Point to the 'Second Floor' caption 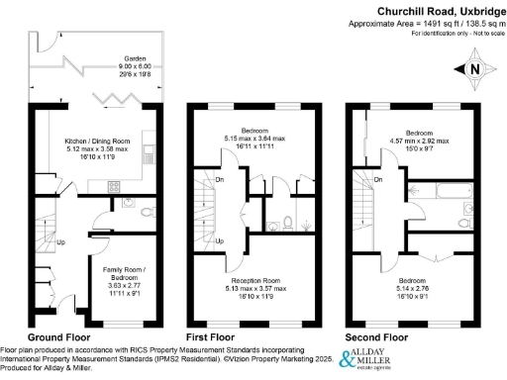(x=378, y=337)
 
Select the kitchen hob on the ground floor (x=113, y=184)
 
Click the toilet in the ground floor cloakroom (x=147, y=211)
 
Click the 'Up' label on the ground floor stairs (x=61, y=242)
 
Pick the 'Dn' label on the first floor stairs (x=220, y=179)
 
